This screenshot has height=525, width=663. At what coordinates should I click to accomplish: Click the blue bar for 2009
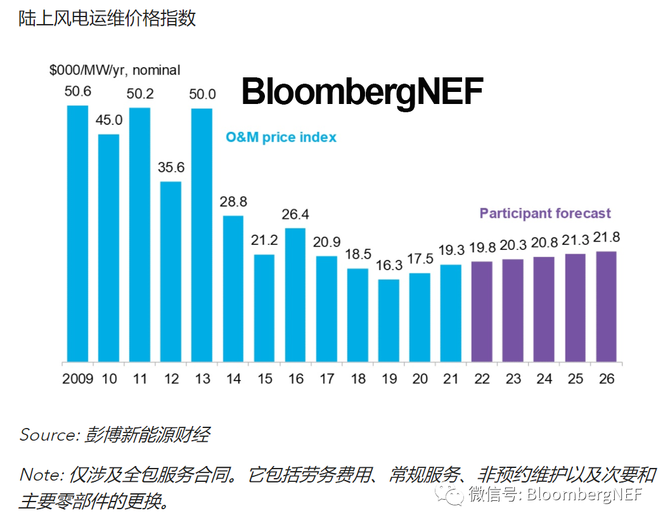point(78,233)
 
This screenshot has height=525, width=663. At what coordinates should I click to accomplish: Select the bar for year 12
point(171,271)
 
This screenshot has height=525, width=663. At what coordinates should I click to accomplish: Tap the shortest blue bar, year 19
point(389,320)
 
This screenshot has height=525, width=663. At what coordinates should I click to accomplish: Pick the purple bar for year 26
point(606,306)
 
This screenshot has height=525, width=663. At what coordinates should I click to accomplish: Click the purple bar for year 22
point(482,311)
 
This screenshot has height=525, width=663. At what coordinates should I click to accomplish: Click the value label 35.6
point(171,169)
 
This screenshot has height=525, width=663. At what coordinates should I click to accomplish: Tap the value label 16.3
point(389,266)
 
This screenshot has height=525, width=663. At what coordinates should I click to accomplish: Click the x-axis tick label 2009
point(77,379)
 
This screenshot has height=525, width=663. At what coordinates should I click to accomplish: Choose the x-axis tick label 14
point(233,379)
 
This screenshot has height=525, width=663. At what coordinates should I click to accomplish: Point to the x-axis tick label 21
point(451,379)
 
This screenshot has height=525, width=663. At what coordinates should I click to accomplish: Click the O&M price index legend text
point(281,137)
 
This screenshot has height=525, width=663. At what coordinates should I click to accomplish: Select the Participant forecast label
point(545,213)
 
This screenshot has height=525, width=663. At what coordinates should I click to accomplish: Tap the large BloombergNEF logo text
point(362,92)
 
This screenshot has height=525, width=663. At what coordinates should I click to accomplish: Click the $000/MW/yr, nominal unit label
point(115,70)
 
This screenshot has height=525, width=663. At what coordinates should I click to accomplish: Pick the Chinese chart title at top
point(107,18)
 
